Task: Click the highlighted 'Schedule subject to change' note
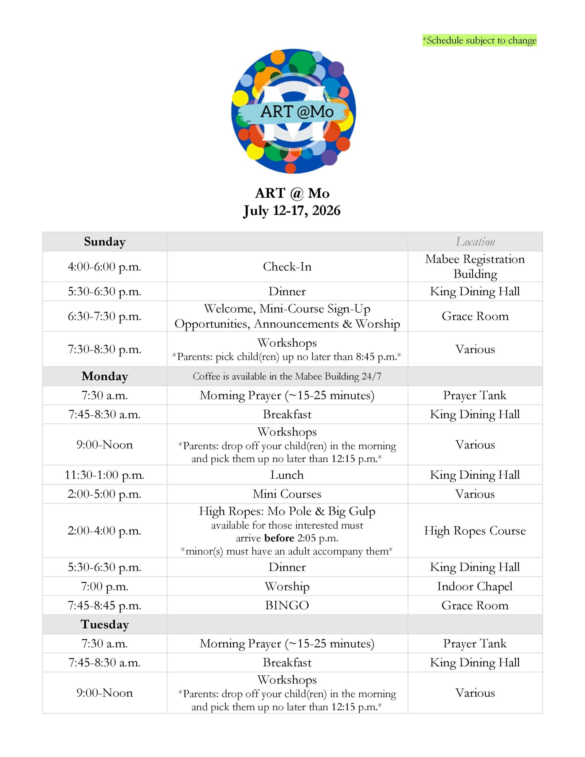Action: coord(479,41)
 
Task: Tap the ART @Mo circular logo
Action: coord(293,111)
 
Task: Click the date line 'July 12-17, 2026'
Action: coord(292,211)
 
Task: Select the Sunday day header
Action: coord(104,242)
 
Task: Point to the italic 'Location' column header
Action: coord(475,242)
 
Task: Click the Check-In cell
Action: coord(287,266)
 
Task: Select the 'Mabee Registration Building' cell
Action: coord(475,266)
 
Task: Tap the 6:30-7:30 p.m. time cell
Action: coord(104,316)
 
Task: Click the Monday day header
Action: coord(104,376)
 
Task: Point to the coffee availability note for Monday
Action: coord(287,376)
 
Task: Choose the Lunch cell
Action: coord(287,475)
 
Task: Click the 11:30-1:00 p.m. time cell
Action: coord(104,475)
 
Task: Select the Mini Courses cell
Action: coord(287,494)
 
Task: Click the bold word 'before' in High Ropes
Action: coord(279,538)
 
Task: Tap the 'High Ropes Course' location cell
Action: coord(475,530)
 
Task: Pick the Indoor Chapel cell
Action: coord(475,586)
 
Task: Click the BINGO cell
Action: coord(287,605)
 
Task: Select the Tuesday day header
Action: coord(104,624)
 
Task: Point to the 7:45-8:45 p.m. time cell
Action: coord(104,605)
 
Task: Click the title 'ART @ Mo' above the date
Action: coord(292,193)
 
